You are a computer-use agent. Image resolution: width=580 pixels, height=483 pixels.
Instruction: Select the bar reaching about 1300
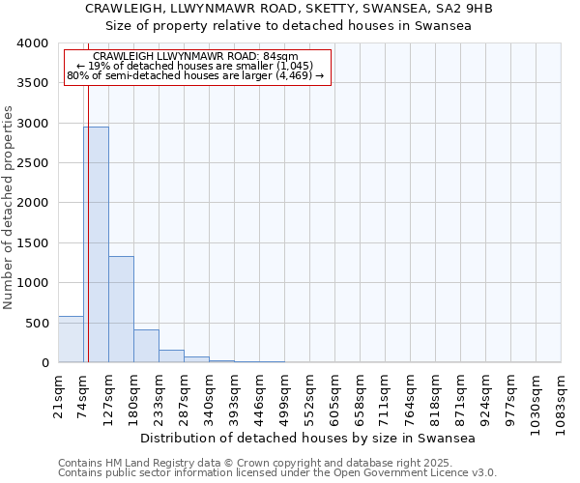[121, 309]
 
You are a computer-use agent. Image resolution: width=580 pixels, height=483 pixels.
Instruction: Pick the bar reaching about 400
[146, 346]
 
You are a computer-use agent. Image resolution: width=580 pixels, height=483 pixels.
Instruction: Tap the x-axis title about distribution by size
[308, 438]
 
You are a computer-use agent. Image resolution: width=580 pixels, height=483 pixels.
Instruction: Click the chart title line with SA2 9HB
[289, 9]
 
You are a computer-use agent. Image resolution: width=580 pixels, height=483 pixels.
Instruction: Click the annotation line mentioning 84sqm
[196, 57]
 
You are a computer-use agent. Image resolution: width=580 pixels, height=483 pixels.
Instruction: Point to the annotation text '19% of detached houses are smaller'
[196, 66]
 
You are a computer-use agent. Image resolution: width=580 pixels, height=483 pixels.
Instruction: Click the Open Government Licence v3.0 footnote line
[277, 473]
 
